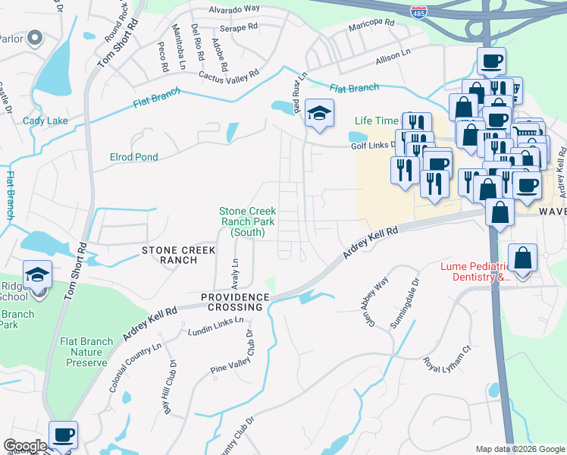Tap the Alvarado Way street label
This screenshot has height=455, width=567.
click(x=236, y=9)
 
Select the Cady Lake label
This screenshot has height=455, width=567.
click(x=45, y=121)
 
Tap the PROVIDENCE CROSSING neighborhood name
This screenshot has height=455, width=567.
click(x=234, y=302)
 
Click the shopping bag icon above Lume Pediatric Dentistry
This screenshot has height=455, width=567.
click(x=522, y=259)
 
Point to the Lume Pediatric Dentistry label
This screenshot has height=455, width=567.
click(x=477, y=272)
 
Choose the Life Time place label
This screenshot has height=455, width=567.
click(x=377, y=121)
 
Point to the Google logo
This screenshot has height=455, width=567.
click(x=25, y=446)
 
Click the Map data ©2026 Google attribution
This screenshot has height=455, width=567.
click(x=520, y=449)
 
